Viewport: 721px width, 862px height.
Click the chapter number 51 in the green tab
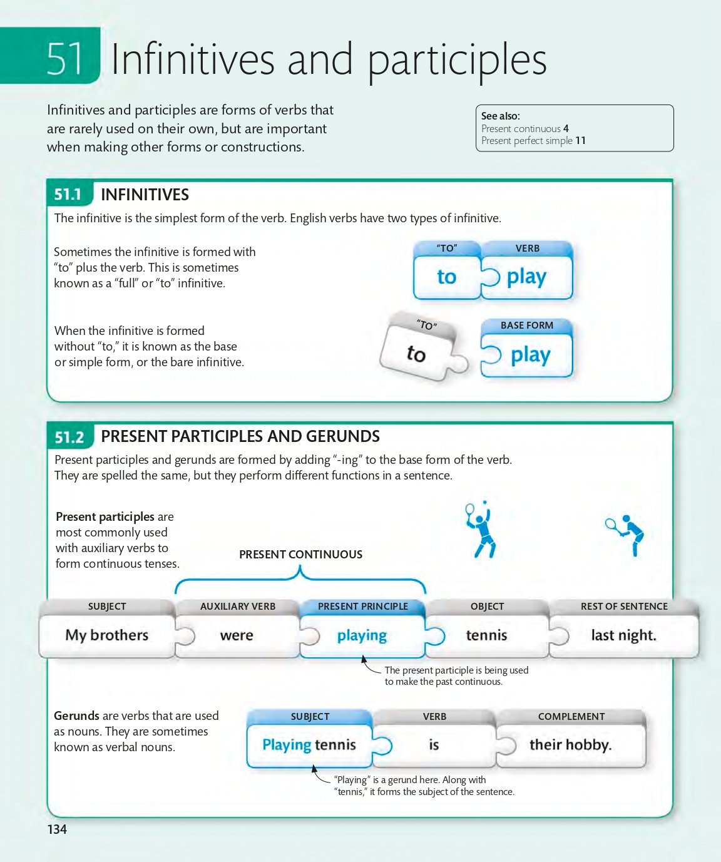click(x=65, y=59)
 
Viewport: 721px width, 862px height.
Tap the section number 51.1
click(x=68, y=195)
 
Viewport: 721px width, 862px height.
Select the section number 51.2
click(x=69, y=437)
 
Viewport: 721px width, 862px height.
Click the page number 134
click(x=57, y=829)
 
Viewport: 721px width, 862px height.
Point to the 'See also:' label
click(x=501, y=116)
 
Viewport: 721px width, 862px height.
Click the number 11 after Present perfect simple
click(x=580, y=141)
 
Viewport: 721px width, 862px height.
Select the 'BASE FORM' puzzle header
click(x=526, y=326)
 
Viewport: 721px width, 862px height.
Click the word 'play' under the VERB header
click(x=526, y=277)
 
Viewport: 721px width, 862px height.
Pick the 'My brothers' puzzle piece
click(x=107, y=635)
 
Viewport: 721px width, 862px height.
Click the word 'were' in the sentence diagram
click(x=237, y=635)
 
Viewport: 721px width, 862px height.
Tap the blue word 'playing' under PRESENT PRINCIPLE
click(x=362, y=635)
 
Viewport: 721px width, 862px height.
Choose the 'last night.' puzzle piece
click(x=623, y=635)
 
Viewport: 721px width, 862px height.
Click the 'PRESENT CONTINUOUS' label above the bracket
click(x=300, y=555)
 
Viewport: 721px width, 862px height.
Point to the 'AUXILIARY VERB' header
click(x=238, y=607)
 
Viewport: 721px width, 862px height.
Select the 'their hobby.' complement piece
click(x=570, y=745)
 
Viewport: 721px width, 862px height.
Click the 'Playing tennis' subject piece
click(x=309, y=745)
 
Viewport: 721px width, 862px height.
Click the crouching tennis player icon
click(x=626, y=534)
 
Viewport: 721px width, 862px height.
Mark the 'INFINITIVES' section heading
click(x=145, y=195)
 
